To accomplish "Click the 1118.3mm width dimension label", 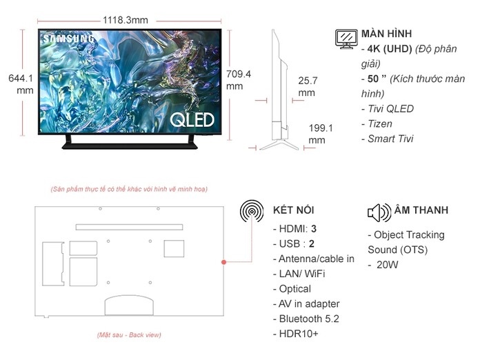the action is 126,20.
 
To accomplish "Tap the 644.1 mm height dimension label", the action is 21,84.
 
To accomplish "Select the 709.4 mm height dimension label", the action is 239,80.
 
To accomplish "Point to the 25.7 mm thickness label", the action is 308,87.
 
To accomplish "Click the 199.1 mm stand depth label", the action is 321,134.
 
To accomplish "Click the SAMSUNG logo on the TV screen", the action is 68,39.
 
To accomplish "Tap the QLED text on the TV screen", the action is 192,120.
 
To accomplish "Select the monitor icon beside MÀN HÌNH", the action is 346,39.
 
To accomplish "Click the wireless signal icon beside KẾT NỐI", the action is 252,211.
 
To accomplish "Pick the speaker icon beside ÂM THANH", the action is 379,212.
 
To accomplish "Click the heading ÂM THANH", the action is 421,210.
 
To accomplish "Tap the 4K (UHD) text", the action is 390,49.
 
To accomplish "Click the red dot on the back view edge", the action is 223,262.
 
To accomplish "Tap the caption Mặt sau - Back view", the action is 129,335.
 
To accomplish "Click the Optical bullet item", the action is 292,289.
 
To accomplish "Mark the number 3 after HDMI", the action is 314,229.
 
